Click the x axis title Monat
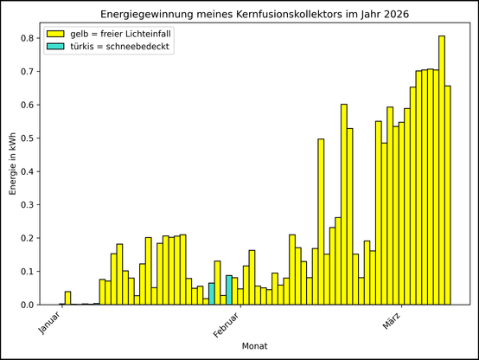[x=254, y=346]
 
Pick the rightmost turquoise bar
[x=229, y=290]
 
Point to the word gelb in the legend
[x=80, y=35]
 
